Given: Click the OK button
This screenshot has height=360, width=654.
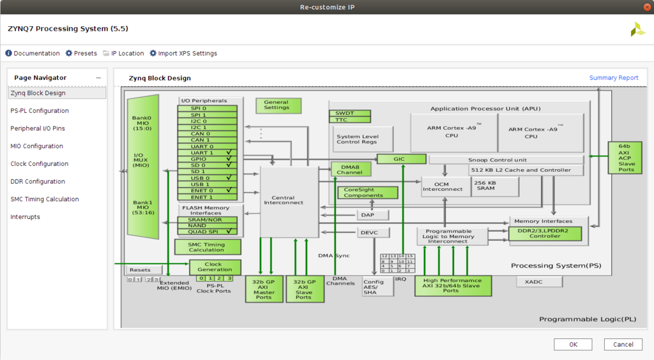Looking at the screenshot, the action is pos(573,345).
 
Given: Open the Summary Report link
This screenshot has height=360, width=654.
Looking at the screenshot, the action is pos(614,78).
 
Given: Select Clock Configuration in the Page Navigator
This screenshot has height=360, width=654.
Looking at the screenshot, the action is pos(39,164).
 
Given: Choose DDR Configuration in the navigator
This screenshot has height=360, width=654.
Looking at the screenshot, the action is pos(38,182).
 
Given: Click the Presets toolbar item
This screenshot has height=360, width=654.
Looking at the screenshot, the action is pos(81,54).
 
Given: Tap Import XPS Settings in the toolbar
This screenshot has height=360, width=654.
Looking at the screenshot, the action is pos(183,54).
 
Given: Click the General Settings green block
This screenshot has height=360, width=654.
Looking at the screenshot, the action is pos(278,106).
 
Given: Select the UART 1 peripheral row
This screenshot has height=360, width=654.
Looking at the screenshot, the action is pos(208,153).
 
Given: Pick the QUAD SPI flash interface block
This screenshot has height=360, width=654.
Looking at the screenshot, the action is pos(208,232).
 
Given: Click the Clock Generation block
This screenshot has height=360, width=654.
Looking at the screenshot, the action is pos(215,267).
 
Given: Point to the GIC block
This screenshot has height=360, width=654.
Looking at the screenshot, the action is pos(401,159).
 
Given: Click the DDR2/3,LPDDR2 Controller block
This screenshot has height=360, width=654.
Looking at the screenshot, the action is pos(545,234).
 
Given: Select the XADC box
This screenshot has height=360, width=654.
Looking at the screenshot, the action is pos(539,282).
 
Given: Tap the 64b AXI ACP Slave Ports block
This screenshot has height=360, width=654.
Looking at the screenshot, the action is pos(625,158).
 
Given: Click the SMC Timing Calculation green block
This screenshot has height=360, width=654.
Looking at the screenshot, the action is pos(208,247).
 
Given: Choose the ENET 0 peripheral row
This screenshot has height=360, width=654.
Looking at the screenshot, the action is pos(208,190).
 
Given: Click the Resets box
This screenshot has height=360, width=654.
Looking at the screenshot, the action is pos(144,270).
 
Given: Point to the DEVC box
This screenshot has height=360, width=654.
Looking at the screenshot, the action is pos(373,232).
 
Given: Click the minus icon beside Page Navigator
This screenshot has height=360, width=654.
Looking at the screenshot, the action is pos(98,78).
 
